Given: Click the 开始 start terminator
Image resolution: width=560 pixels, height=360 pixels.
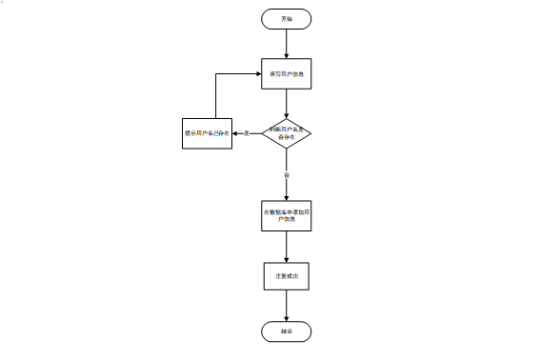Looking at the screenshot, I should [x=286, y=19].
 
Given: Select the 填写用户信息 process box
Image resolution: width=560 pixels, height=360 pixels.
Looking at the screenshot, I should [x=286, y=73].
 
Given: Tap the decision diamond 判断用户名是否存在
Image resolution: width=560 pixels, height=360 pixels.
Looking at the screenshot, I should [x=286, y=133].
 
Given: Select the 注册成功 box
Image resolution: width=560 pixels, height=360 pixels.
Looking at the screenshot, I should [x=286, y=275].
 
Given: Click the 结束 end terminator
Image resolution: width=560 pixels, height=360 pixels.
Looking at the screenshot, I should [x=286, y=331].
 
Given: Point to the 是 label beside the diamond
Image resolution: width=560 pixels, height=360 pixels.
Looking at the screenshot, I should [x=247, y=133].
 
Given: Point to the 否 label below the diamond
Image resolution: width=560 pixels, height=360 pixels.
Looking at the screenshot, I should [x=286, y=175].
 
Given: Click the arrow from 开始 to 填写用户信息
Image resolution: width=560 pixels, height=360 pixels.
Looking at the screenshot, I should [x=286, y=44].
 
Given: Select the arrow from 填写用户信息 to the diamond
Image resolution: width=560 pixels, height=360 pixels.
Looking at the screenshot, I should [x=286, y=102].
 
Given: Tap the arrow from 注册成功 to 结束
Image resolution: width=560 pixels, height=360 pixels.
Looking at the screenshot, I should [x=286, y=305].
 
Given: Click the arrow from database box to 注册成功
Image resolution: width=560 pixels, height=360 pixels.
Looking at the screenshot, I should [x=286, y=246].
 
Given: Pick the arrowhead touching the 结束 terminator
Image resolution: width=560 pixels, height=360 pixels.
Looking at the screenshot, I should [x=286, y=318].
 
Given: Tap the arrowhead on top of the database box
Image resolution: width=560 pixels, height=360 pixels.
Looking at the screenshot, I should [x=286, y=197].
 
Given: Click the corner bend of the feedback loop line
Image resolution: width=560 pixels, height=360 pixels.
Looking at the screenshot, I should [x=216, y=73].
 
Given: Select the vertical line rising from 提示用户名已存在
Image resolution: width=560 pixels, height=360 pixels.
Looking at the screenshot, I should [x=216, y=95].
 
